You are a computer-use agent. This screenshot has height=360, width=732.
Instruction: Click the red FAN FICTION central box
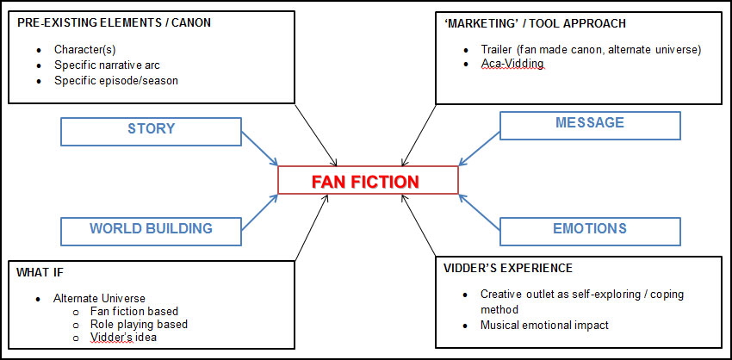[368, 181]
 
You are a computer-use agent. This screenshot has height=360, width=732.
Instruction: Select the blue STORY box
[151, 129]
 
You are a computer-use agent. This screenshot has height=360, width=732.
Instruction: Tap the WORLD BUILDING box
[151, 229]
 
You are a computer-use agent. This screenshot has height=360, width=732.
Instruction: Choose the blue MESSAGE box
[589, 123]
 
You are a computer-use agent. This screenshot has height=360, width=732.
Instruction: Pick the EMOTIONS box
[589, 229]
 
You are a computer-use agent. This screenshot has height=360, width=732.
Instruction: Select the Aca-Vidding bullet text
[512, 64]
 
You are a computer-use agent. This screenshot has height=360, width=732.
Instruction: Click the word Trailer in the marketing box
[498, 48]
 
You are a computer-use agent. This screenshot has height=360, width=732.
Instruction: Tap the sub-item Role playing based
[139, 325]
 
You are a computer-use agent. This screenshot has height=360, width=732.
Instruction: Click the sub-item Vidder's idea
[124, 338]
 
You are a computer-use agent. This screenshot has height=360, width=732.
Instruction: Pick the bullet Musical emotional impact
[545, 326]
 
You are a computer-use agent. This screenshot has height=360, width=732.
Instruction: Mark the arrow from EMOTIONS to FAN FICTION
[479, 214]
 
